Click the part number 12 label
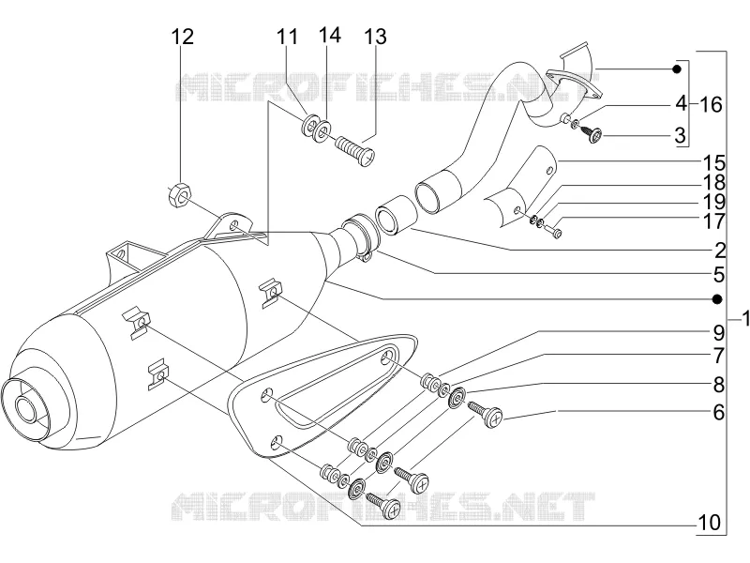(183, 37)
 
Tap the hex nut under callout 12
(180, 194)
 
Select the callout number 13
(376, 37)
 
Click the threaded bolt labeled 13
(356, 150)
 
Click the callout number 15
(713, 163)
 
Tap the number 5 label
(719, 275)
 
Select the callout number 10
(710, 523)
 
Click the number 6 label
(719, 412)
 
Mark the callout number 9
(719, 333)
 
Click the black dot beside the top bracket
(676, 69)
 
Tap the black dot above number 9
(717, 299)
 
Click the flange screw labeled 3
(592, 134)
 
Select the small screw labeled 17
(554, 233)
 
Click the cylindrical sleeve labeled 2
(397, 216)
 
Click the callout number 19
(713, 202)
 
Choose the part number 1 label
(744, 319)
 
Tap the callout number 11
(287, 37)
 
